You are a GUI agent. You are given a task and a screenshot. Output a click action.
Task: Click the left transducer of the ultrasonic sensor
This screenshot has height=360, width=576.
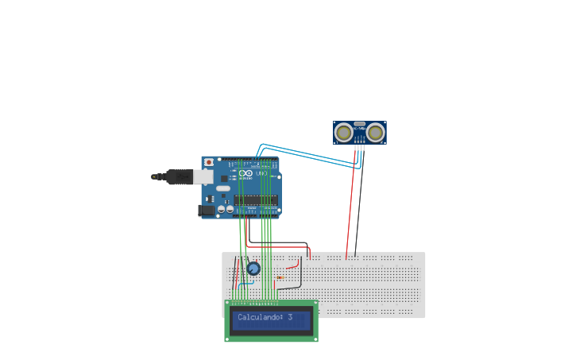point(343,132)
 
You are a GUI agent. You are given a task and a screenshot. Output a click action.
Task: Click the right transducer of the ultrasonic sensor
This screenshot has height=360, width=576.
point(376,132)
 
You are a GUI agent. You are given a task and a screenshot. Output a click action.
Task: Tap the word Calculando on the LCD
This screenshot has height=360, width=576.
point(260,317)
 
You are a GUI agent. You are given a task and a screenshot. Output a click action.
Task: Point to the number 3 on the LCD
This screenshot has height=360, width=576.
point(290,317)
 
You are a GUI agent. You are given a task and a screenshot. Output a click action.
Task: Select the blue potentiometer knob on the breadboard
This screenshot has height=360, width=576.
point(253,269)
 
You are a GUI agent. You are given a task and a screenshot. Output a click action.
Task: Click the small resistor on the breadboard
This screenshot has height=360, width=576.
point(280,277)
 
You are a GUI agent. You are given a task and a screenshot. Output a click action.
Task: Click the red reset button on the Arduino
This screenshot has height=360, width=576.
point(209,161)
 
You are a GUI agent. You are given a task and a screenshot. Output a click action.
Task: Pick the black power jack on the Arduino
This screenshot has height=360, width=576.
point(206,211)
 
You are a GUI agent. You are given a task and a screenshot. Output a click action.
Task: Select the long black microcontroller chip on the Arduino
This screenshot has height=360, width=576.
point(256,199)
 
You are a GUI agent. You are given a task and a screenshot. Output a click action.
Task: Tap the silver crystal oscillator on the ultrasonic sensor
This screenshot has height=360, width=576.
point(359,124)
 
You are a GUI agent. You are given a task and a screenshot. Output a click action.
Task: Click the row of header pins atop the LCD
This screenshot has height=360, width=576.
point(254,302)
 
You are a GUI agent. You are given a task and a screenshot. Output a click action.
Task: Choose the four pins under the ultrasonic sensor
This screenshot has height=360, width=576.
point(359,146)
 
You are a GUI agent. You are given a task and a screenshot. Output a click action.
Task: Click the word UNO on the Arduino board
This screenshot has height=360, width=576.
point(261,173)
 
